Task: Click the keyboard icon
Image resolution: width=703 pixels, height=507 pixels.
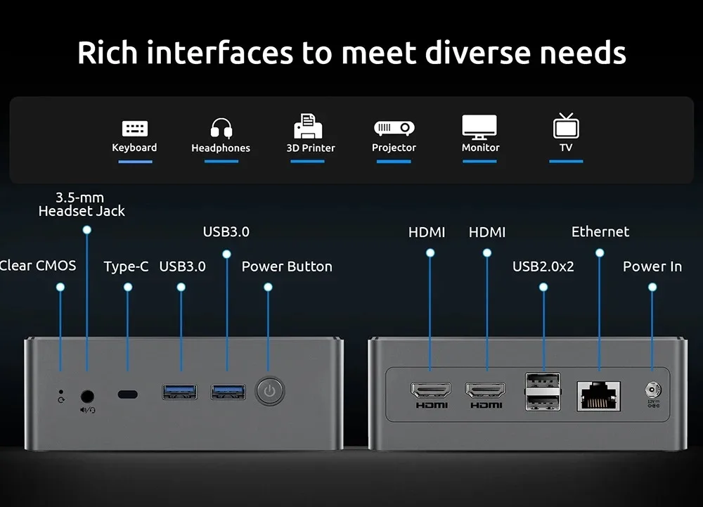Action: pyautogui.click(x=135, y=129)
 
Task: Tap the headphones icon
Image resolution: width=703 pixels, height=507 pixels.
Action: pyautogui.click(x=221, y=128)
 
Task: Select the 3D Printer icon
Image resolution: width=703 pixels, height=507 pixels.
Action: pyautogui.click(x=308, y=126)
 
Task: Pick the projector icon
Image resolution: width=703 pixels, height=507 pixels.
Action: pyautogui.click(x=394, y=128)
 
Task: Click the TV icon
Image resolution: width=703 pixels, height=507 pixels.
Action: pyautogui.click(x=566, y=125)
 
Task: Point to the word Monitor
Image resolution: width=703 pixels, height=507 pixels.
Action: pyautogui.click(x=481, y=148)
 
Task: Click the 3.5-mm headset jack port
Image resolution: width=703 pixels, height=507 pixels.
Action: pyautogui.click(x=87, y=397)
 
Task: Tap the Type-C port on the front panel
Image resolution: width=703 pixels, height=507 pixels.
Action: pyautogui.click(x=128, y=394)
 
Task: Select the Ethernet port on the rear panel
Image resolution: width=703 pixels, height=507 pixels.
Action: pyautogui.click(x=598, y=396)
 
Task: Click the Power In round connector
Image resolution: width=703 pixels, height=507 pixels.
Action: pyautogui.click(x=653, y=390)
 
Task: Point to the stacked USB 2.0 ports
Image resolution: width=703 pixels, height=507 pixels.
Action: pyautogui.click(x=543, y=392)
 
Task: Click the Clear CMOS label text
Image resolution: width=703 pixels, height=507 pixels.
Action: pyautogui.click(x=38, y=266)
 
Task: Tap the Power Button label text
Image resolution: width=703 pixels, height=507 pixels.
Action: pyautogui.click(x=287, y=267)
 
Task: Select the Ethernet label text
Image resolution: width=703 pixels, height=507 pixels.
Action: pyautogui.click(x=600, y=232)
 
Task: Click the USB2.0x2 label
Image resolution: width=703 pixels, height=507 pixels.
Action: pyautogui.click(x=543, y=267)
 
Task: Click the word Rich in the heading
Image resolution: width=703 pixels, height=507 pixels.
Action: pyautogui.click(x=108, y=53)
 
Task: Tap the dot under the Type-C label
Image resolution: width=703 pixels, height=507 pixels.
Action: pyautogui.click(x=128, y=287)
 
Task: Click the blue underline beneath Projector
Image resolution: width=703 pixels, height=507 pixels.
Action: pyautogui.click(x=394, y=161)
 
